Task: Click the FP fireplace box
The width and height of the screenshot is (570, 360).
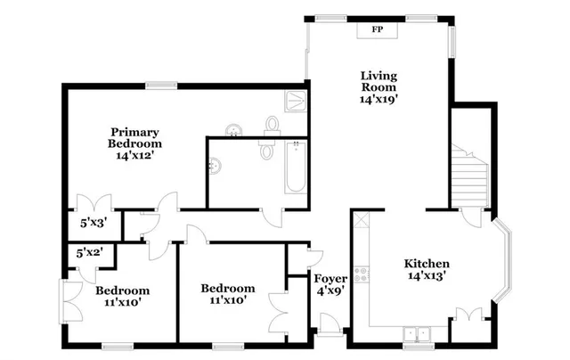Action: [377, 30]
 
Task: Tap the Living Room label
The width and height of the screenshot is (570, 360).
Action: [378, 81]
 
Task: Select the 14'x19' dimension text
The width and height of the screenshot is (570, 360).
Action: [378, 100]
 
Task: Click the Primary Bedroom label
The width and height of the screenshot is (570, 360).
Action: [134, 136]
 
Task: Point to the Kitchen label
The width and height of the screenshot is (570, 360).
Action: [427, 264]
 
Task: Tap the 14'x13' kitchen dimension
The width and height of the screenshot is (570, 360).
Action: [427, 276]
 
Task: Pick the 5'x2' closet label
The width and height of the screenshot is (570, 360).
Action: [89, 252]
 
